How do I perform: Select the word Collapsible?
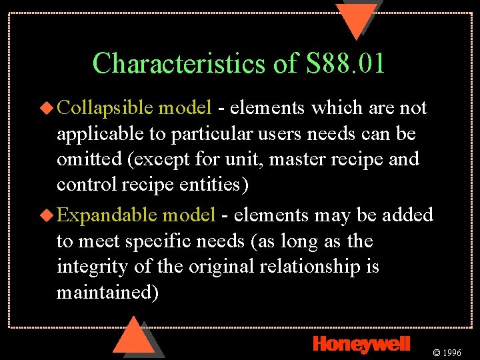click(106, 107)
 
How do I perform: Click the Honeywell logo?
click(361, 343)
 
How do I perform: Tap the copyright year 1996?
click(451, 352)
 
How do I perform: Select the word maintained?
click(107, 293)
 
